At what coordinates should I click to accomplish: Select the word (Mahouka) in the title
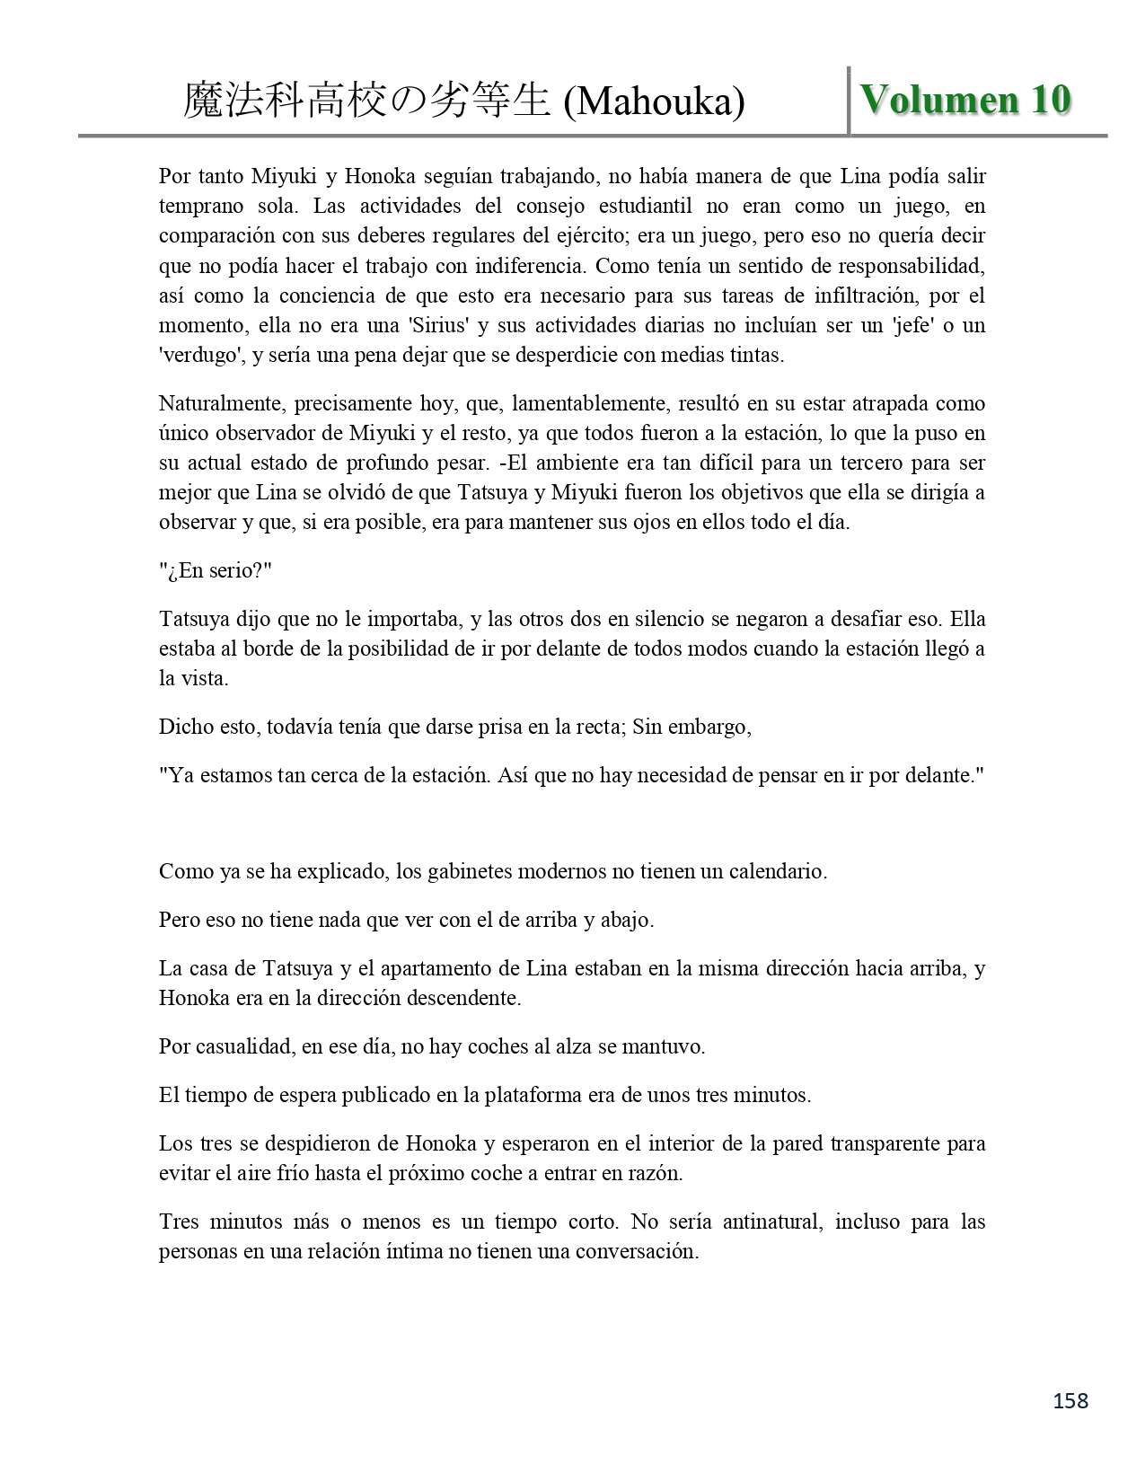click(x=654, y=102)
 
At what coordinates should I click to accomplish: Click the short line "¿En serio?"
click(x=215, y=570)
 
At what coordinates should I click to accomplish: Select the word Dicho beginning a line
click(x=186, y=727)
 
